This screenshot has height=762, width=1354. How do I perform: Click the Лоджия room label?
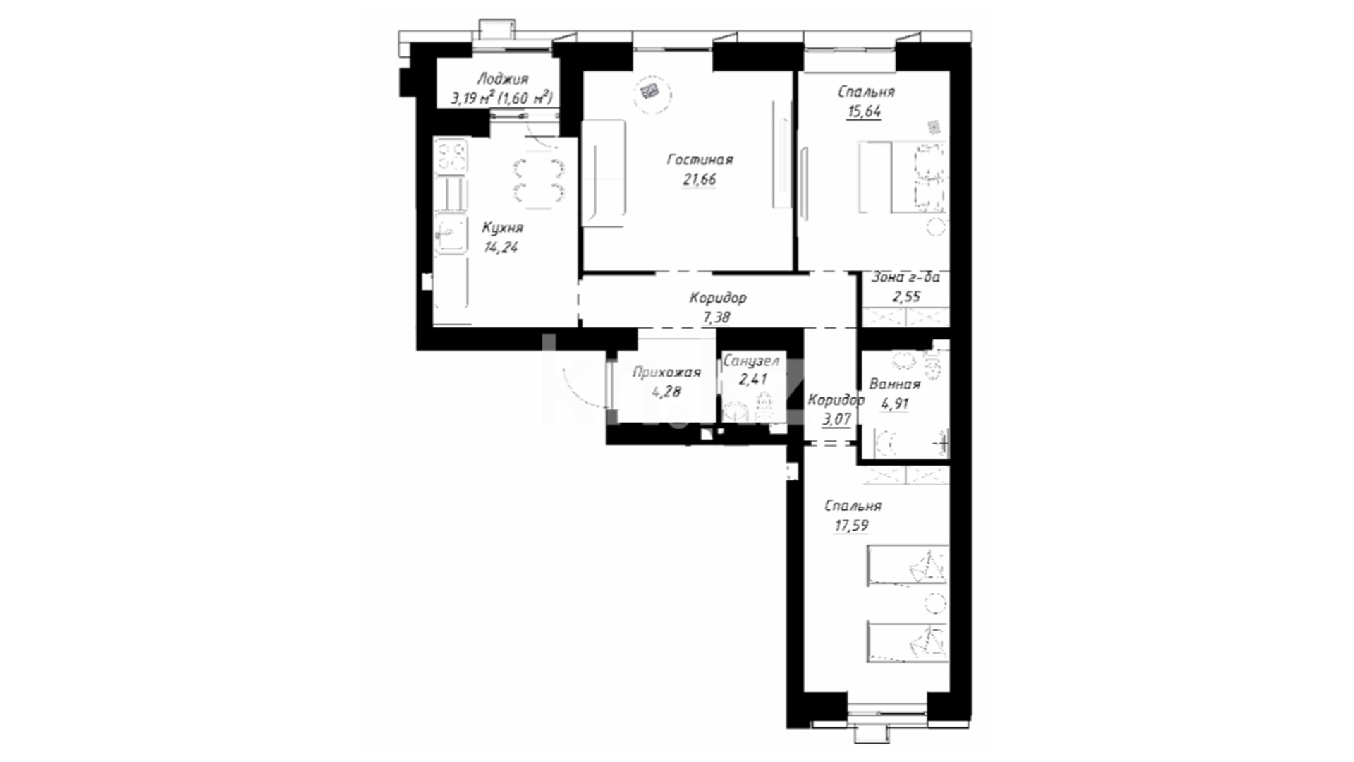coord(502,80)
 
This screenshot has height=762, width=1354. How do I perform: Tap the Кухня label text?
coord(503,228)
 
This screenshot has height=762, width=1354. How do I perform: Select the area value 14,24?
coord(501,247)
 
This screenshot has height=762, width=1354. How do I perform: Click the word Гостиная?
coord(700,160)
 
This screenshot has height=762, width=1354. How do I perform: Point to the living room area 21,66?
coord(700,179)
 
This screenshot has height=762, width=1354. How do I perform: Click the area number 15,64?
coord(864,111)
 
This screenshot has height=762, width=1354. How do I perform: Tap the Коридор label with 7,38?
coord(718,298)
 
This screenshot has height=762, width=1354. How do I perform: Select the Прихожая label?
coord(666,373)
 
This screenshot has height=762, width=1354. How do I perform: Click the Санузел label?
coord(752,361)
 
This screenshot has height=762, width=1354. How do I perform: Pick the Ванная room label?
coord(895,385)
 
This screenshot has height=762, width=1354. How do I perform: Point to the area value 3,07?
coord(837,419)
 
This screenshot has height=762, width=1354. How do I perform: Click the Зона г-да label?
coord(906,278)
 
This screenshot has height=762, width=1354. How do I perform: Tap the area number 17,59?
coord(851,526)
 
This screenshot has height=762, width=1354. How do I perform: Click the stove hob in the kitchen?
coord(451,156)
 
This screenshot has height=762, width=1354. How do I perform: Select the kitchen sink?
coord(451,233)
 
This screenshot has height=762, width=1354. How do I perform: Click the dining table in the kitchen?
coord(539,183)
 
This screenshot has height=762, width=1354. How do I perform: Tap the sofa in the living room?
coord(604,174)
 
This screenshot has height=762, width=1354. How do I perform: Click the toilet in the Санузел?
coord(764,407)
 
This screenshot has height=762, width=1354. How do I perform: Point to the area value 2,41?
coord(752,380)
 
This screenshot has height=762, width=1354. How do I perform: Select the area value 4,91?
coord(895,404)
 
